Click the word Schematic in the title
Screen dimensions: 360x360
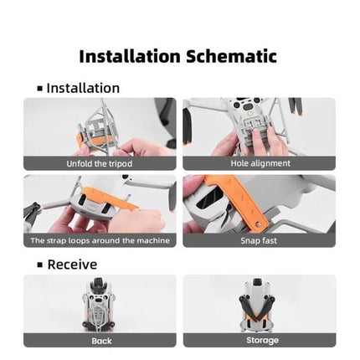[231, 56]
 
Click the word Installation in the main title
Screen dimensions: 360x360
[130, 56]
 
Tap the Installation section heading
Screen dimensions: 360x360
[83, 88]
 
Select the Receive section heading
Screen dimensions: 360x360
[72, 265]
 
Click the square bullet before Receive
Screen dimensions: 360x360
[40, 265]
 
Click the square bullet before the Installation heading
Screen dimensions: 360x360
[40, 89]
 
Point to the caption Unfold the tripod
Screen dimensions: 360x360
[100, 163]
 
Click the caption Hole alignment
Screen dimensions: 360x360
[260, 163]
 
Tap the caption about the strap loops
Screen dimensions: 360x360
[100, 240]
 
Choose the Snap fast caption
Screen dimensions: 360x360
[259, 240]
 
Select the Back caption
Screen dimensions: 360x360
[101, 341]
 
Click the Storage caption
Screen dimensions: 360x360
[262, 340]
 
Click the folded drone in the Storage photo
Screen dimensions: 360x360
[257, 305]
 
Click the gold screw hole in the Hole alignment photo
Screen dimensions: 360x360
[250, 114]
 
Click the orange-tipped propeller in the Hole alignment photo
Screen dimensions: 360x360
[296, 106]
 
